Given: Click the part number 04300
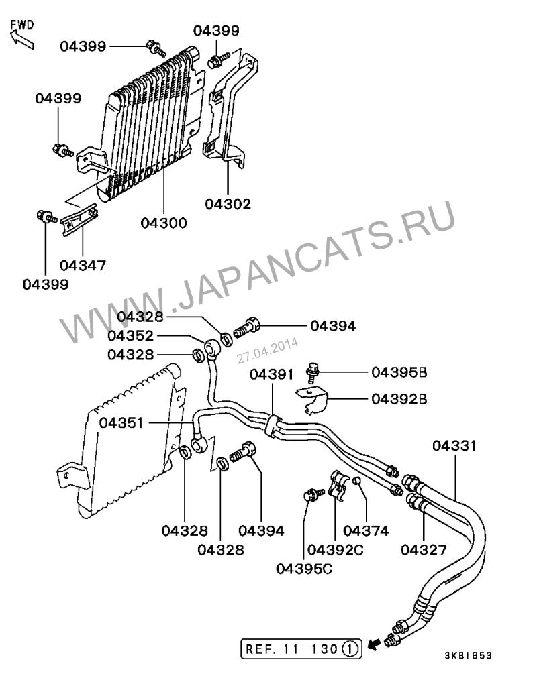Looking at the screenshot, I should (x=164, y=223).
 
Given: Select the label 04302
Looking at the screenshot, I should (x=228, y=204).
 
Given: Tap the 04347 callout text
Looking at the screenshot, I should (x=83, y=266).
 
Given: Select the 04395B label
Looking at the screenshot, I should (x=399, y=372).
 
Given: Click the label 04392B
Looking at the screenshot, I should (x=399, y=399).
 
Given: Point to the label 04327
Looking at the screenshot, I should (x=424, y=550).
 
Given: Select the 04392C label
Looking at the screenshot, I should (x=336, y=550).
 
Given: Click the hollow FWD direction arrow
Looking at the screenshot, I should (x=21, y=38).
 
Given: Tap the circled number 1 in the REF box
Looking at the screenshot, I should (x=352, y=649).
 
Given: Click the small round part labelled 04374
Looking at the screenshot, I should (x=358, y=481).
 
